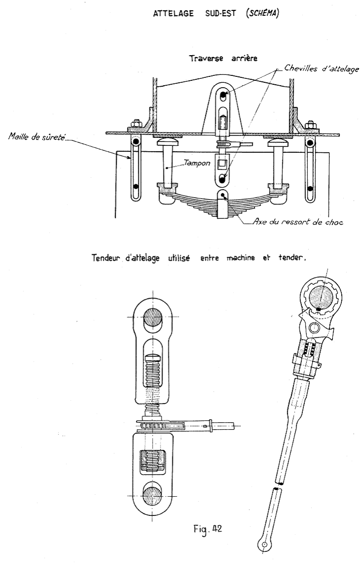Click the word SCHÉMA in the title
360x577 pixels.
(x=262, y=13)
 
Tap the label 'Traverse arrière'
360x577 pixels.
(x=223, y=58)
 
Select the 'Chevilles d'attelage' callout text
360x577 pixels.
(x=322, y=69)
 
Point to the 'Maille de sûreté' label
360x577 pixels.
(x=37, y=137)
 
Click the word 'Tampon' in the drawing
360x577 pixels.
(x=197, y=163)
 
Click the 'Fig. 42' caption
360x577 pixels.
(x=208, y=529)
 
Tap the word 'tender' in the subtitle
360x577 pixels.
(x=292, y=258)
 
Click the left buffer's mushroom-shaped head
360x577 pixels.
(x=169, y=141)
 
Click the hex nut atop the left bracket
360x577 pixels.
(x=136, y=123)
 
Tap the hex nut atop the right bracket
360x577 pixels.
(x=311, y=124)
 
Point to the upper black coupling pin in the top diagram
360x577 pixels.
(x=223, y=96)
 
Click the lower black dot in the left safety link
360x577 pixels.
(x=135, y=186)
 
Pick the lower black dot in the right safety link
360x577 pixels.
(x=310, y=188)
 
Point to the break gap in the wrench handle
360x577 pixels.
(x=278, y=485)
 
